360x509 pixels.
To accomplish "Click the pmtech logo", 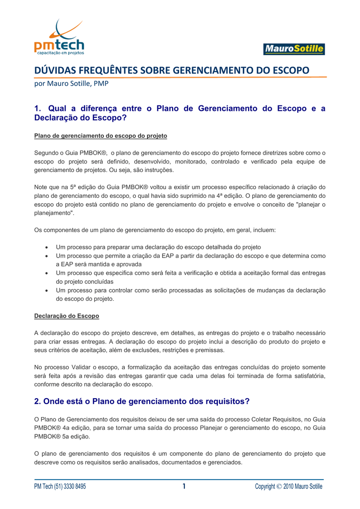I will click(59, 38).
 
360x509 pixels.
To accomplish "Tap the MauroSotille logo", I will click(293, 49).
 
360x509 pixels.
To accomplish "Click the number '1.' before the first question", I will click(38, 108).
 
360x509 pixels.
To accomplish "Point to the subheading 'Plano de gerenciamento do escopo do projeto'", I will click(100, 135).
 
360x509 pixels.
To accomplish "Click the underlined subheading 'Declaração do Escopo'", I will click(67, 316).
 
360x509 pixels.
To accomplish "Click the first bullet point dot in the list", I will click(46, 247).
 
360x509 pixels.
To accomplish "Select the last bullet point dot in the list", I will click(46, 290).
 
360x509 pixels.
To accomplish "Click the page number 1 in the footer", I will click(183, 486).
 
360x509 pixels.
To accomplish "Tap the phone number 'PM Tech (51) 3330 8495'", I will click(60, 486).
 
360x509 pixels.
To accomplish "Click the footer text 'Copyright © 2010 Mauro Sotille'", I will click(288, 486).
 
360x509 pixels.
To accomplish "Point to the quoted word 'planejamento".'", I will click(54, 213).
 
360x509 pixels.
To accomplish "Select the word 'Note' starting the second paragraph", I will click(41, 187).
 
